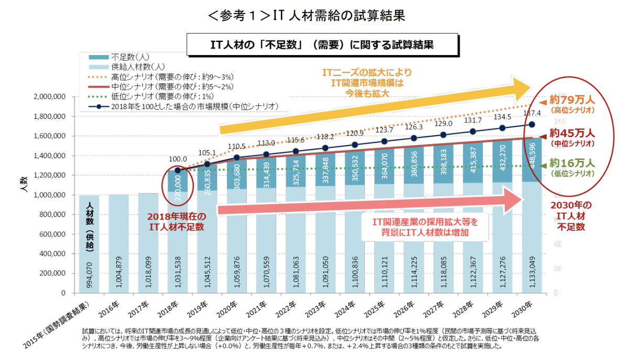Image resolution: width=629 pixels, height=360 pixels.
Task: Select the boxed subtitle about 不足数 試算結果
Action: [322, 45]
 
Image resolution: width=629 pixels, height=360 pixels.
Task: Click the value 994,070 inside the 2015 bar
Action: [89, 274]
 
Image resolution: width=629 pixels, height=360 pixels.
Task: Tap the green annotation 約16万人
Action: [571, 163]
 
